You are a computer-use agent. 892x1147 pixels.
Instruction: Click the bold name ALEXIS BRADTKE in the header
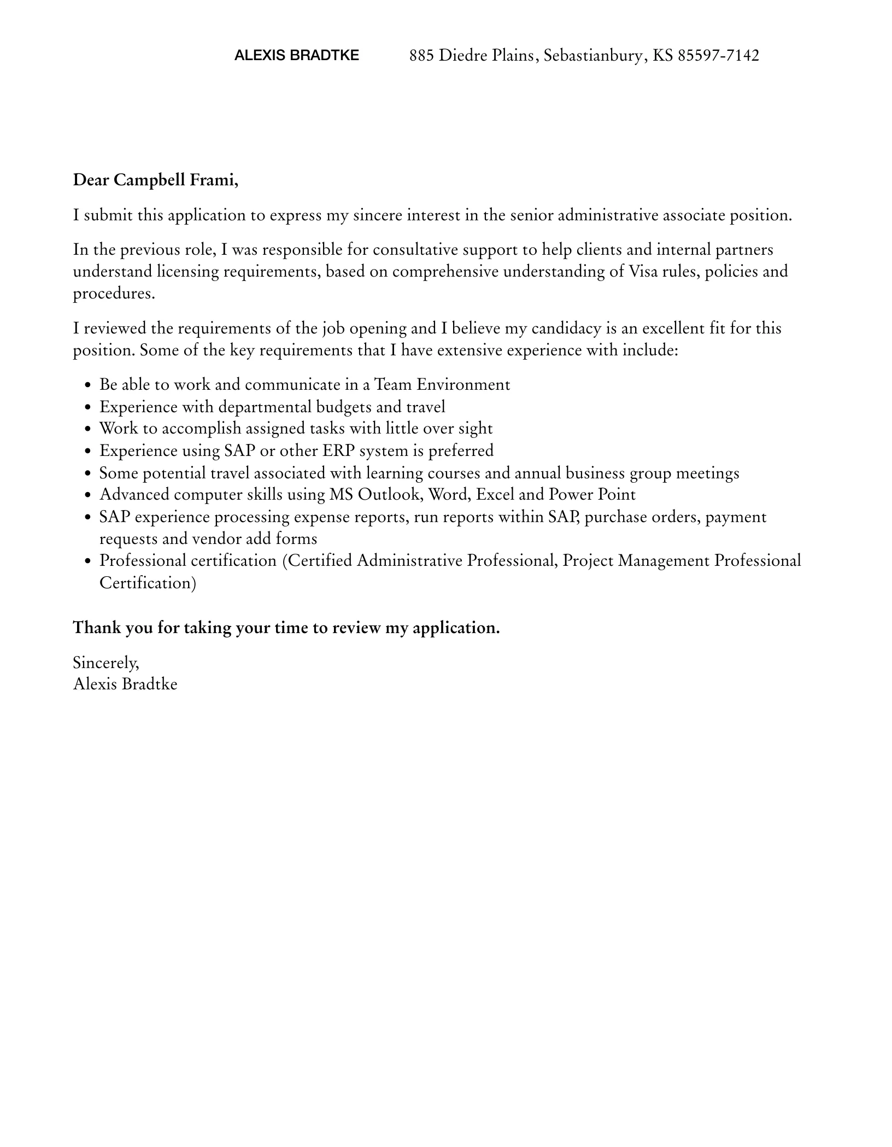[x=296, y=55]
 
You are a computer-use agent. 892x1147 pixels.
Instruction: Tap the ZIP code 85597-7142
[x=718, y=55]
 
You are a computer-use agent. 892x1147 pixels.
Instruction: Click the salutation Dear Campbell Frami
[x=156, y=180]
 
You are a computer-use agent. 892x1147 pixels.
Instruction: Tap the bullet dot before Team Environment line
[x=89, y=385]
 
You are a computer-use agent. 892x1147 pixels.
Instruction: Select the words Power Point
[x=592, y=494]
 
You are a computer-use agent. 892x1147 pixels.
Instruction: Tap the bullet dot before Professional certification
[x=89, y=561]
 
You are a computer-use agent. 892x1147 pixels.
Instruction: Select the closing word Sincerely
[x=106, y=663]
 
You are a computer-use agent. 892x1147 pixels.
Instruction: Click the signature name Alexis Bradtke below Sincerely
[x=125, y=684]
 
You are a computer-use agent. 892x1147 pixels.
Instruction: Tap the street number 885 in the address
[x=421, y=55]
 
